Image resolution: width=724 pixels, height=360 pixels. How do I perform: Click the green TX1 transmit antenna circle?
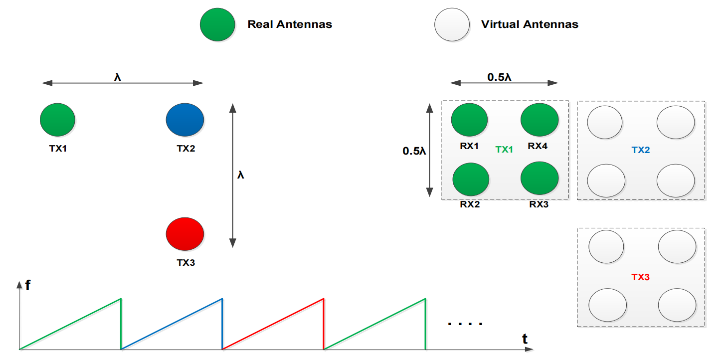(x=57, y=120)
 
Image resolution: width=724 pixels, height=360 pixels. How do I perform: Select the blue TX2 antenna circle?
(x=184, y=120)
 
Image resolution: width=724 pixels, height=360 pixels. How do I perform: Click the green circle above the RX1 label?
(x=469, y=120)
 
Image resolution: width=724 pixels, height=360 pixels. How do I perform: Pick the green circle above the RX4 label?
(x=539, y=120)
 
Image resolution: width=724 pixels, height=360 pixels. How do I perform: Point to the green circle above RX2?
(x=471, y=180)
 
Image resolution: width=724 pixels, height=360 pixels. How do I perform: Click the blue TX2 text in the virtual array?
(x=641, y=150)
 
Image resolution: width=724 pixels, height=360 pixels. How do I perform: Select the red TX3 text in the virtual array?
(x=641, y=277)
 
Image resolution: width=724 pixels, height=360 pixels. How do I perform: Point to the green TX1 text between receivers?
(x=504, y=150)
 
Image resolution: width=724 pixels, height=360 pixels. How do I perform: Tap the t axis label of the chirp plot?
(x=525, y=340)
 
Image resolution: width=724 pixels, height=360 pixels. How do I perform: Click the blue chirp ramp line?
(x=172, y=324)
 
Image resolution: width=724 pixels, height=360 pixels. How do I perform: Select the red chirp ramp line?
(x=273, y=324)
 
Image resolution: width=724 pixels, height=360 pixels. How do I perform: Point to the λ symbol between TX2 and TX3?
(x=241, y=175)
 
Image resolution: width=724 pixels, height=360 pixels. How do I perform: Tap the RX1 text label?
(x=470, y=146)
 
